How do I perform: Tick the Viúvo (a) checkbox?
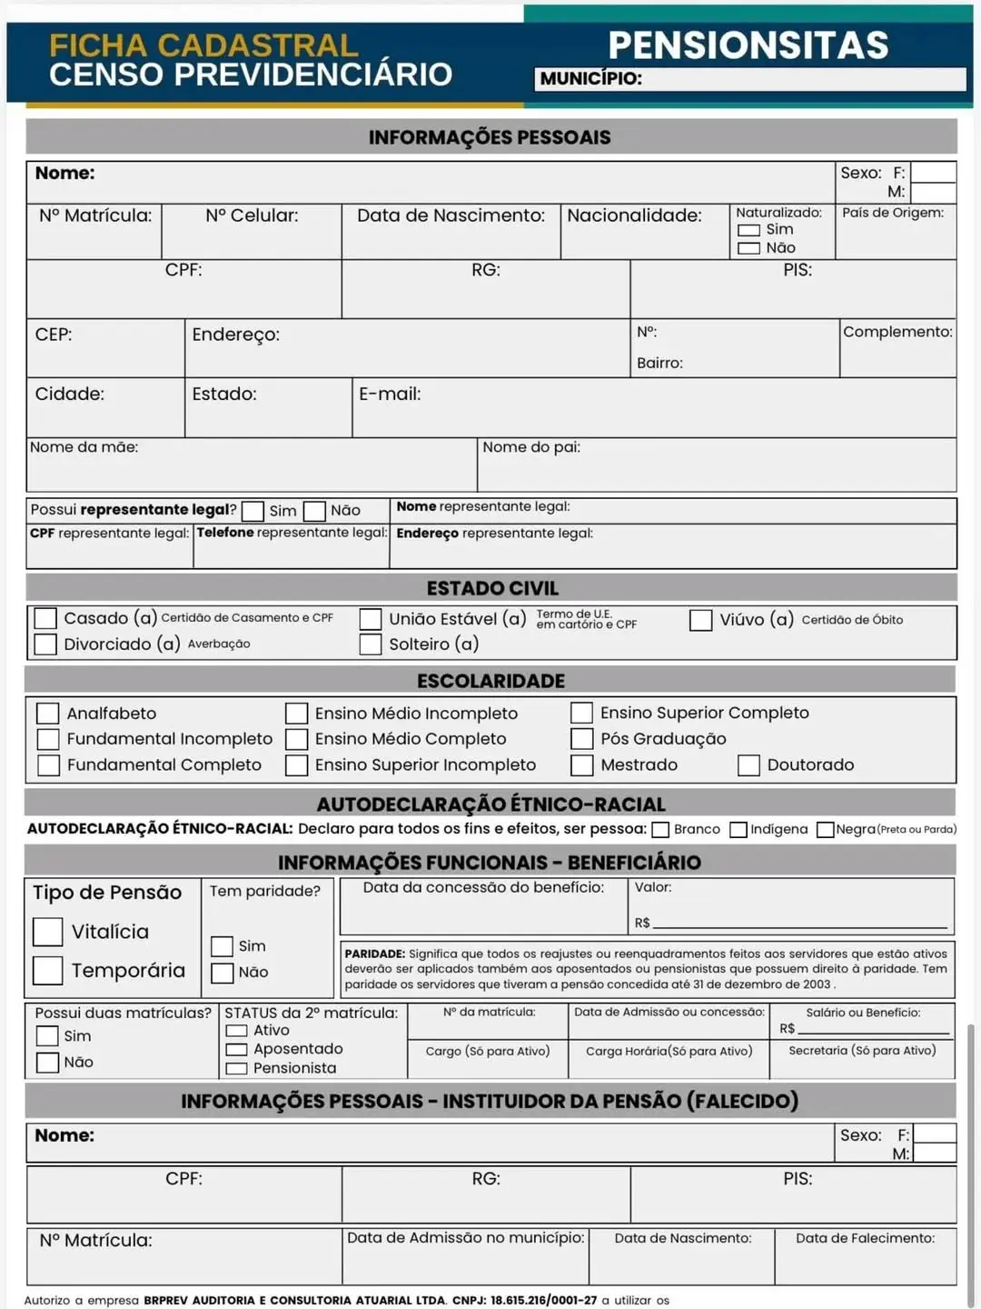pos(700,620)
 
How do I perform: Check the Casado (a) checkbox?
pos(45,618)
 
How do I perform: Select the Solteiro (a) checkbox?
pos(370,645)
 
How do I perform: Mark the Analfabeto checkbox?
pos(48,714)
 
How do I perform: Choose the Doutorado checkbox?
pos(748,765)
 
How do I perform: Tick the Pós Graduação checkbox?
pos(581,739)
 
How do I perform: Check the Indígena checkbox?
pos(738,829)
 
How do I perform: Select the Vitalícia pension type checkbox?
pos(47,932)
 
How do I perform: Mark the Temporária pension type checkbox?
pos(47,971)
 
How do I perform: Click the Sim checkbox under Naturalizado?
pos(748,230)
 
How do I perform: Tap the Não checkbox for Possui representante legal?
pos(314,511)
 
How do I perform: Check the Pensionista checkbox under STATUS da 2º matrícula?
pos(236,1069)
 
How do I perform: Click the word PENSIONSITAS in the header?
pos(748,45)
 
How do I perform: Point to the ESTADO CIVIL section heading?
pos(492,588)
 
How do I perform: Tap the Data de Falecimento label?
pos(865,1238)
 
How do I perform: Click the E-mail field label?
pos(390,395)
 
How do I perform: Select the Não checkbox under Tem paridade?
pos(222,973)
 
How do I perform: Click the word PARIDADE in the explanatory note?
pos(374,954)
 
